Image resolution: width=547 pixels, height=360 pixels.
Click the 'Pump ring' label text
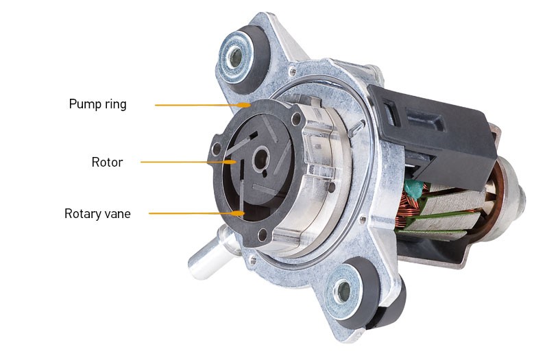click(x=97, y=104)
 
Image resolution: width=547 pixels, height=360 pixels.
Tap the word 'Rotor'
click(x=107, y=163)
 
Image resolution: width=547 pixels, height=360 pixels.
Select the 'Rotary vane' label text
click(x=97, y=213)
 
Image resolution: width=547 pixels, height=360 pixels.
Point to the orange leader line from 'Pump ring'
click(x=203, y=105)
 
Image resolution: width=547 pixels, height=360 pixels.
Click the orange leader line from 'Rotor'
click(x=188, y=162)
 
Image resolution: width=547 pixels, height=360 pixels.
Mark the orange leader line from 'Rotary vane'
click(x=197, y=213)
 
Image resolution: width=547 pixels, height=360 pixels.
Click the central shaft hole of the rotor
click(x=261, y=159)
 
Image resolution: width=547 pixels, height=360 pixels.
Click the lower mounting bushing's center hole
click(x=343, y=289)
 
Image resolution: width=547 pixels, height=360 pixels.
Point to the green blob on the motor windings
click(x=415, y=189)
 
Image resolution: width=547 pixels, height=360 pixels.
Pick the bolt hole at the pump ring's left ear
click(x=217, y=149)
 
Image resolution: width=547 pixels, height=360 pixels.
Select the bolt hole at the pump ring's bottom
click(x=262, y=235)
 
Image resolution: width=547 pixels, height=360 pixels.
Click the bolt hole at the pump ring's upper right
click(x=296, y=119)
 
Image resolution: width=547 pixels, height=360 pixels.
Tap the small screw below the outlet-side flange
click(x=252, y=260)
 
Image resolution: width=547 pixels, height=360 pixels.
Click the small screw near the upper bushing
click(x=292, y=72)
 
